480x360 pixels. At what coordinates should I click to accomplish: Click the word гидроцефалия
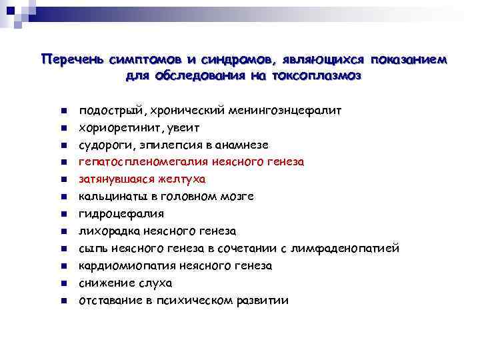[x=121, y=214]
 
